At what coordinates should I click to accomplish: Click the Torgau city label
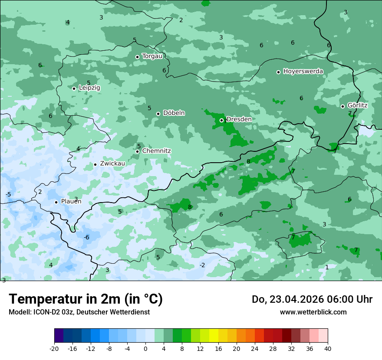pyautogui.click(x=152, y=56)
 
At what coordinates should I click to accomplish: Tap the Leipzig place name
pyautogui.click(x=89, y=88)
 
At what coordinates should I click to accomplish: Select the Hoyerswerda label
pyautogui.click(x=303, y=72)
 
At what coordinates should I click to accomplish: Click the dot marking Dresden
pyautogui.click(x=221, y=120)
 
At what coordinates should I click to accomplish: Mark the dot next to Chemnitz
pyautogui.click(x=138, y=151)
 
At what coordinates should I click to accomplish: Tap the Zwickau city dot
pyautogui.click(x=95, y=164)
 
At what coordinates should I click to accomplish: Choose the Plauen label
pyautogui.click(x=71, y=202)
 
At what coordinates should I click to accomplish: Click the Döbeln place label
pyautogui.click(x=174, y=113)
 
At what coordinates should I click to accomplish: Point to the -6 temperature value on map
pyautogui.click(x=86, y=237)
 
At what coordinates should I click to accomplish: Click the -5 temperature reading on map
pyautogui.click(x=8, y=194)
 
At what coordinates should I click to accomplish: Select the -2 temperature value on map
pyautogui.click(x=202, y=265)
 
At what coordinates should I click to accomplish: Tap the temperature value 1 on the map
pyautogui.click(x=327, y=267)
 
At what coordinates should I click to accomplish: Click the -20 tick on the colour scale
pyautogui.click(x=54, y=348)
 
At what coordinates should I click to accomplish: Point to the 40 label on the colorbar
pyautogui.click(x=328, y=348)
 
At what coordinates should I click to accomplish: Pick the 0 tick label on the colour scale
pyautogui.click(x=145, y=348)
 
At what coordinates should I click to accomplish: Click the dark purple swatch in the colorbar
pyautogui.click(x=59, y=336)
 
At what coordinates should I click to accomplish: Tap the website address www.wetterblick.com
pyautogui.click(x=313, y=312)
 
